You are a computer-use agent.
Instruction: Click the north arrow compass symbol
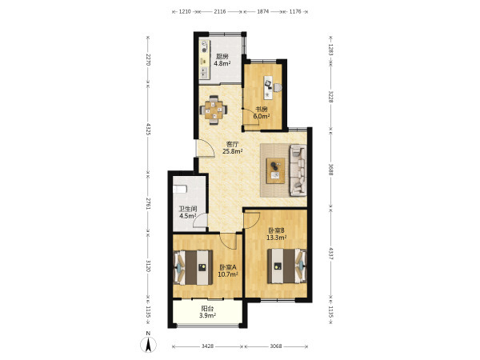(148, 343)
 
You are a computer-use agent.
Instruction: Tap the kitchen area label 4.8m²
(222, 63)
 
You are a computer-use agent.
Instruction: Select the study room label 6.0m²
(262, 116)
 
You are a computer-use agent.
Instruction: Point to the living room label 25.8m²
(233, 150)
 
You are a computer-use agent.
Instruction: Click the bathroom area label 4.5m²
(188, 215)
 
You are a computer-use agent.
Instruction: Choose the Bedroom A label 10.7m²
(228, 274)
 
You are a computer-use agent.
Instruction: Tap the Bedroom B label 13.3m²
(277, 238)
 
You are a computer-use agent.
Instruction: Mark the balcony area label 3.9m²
(207, 315)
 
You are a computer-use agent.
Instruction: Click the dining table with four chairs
(214, 110)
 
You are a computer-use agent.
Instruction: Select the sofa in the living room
(298, 170)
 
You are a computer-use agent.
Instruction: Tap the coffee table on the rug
(275, 170)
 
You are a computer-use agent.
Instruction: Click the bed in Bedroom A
(193, 267)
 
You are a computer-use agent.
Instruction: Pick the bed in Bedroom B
(287, 266)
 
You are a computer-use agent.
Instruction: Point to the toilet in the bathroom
(180, 189)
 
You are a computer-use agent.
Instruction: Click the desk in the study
(269, 87)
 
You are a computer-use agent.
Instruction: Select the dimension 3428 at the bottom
(207, 346)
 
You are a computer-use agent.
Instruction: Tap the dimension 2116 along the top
(220, 12)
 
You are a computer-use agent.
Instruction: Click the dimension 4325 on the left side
(148, 129)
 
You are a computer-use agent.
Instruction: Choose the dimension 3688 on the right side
(330, 170)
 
